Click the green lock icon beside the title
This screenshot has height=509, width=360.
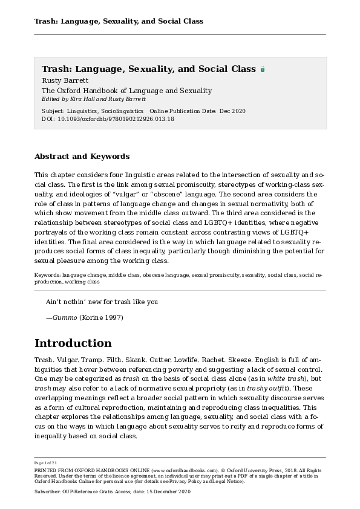tap(262, 70)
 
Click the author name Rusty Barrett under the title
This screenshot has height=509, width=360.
tap(65, 80)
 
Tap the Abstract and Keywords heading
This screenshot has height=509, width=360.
tap(82, 157)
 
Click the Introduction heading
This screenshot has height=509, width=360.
tap(73, 343)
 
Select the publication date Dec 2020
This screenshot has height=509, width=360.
tap(233, 111)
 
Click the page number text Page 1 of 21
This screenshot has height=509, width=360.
tap(47, 462)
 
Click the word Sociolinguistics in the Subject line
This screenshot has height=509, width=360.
tap(122, 111)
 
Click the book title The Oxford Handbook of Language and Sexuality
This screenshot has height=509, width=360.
tap(126, 91)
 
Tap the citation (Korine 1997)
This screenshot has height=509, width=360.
tap(103, 317)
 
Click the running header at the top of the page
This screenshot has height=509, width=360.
tap(119, 21)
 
